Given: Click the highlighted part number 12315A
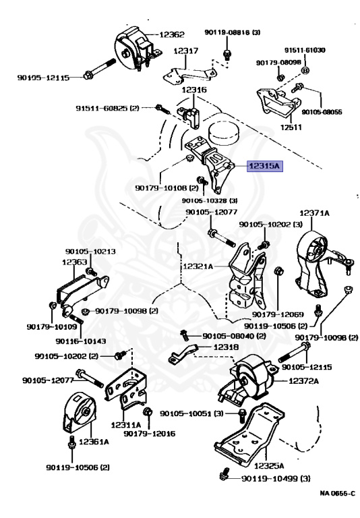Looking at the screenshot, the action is pyautogui.click(x=265, y=166).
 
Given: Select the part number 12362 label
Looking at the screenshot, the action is pyautogui.click(x=172, y=34).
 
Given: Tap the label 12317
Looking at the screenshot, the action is pyautogui.click(x=186, y=51).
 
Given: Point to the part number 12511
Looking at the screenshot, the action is pyautogui.click(x=291, y=127).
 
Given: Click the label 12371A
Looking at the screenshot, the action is pyautogui.click(x=314, y=213).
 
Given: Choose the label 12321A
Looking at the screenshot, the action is pyautogui.click(x=198, y=266).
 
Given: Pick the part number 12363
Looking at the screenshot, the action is pyautogui.click(x=75, y=262).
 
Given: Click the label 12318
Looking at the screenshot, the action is pyautogui.click(x=227, y=347).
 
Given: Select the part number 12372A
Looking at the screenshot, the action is pyautogui.click(x=304, y=381).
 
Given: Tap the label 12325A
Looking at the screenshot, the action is pyautogui.click(x=269, y=466).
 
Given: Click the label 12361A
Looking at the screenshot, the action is pyautogui.click(x=94, y=441).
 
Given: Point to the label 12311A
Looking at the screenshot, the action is pyautogui.click(x=126, y=425).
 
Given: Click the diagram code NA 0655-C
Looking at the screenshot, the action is pyautogui.click(x=338, y=494).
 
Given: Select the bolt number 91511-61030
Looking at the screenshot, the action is pyautogui.click(x=305, y=50).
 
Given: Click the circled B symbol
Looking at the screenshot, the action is pyautogui.click(x=305, y=70).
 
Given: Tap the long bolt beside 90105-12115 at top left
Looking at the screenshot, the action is pyautogui.click(x=100, y=69).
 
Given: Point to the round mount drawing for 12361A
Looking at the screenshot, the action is pyautogui.click(x=80, y=412).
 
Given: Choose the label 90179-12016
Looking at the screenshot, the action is pyautogui.click(x=150, y=434).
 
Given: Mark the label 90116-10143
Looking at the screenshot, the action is pyautogui.click(x=81, y=341).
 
